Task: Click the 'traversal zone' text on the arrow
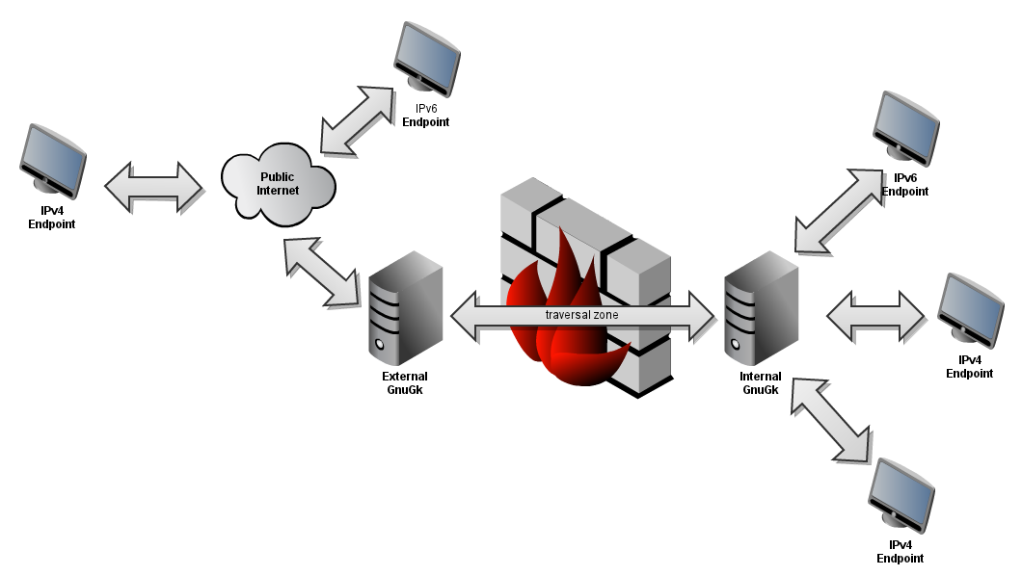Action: click(582, 315)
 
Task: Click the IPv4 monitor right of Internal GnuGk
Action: click(971, 308)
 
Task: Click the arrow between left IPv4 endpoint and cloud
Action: click(154, 186)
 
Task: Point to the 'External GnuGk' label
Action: click(404, 383)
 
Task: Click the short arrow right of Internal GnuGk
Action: click(876, 314)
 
